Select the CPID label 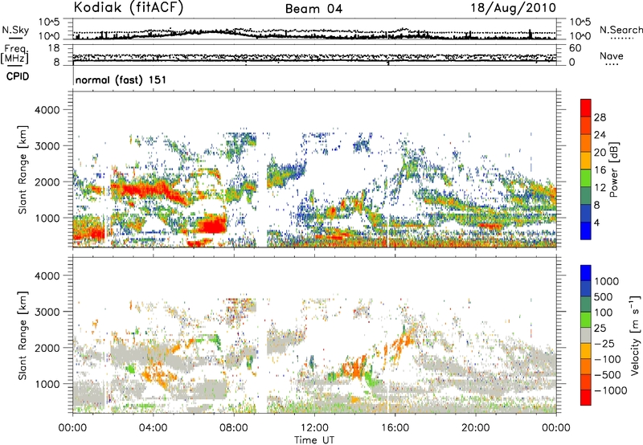18,76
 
